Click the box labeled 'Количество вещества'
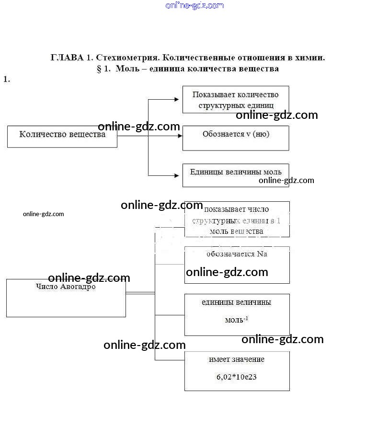62,136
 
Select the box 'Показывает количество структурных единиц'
235,100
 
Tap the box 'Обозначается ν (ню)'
235,138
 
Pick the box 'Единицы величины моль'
235,175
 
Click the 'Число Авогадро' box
66,297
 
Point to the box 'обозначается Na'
237,265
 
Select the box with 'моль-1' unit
237,314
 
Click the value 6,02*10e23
237,377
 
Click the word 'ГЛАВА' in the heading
67,58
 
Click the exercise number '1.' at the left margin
7,80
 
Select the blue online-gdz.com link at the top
194,6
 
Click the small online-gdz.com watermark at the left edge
43,214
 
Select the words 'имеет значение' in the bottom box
237,359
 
